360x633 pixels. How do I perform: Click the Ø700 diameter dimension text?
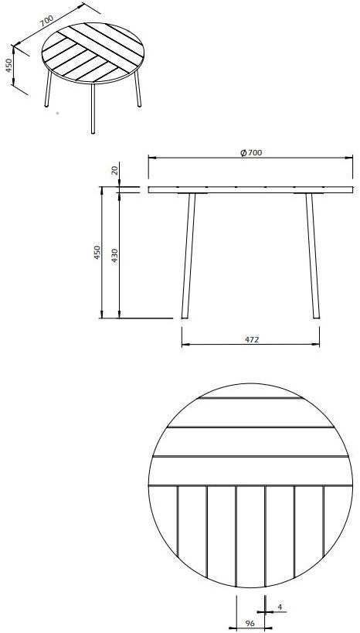tap(252, 153)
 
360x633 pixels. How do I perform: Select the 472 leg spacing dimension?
tap(251, 339)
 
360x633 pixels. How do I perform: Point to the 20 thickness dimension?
tap(115, 171)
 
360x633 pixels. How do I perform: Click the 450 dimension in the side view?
tap(97, 253)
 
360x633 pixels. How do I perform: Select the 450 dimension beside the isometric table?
tap(8, 66)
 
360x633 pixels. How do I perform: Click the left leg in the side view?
tap(188, 255)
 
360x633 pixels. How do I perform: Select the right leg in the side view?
tap(312, 255)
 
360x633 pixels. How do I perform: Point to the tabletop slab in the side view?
tap(251, 189)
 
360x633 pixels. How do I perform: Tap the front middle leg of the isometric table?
tap(93, 108)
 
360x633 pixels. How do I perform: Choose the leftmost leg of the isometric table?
tap(46, 89)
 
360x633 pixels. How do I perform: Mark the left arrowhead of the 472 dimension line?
tap(184, 346)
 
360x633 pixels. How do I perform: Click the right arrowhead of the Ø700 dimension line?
tap(352, 158)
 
